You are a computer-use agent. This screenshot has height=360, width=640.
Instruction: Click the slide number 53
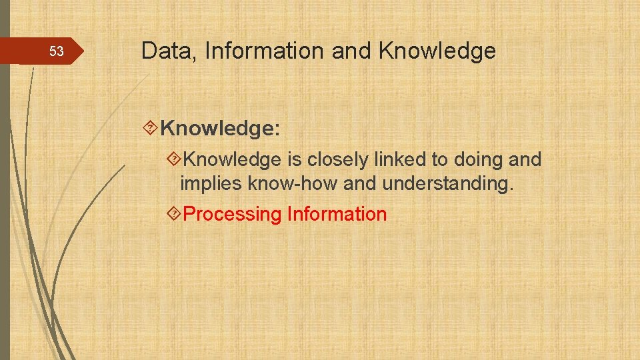click(57, 52)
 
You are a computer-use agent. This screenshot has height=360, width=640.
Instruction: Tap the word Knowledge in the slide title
click(437, 51)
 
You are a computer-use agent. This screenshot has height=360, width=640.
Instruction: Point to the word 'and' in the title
click(352, 51)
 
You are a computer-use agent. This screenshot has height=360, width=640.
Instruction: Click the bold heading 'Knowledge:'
click(220, 128)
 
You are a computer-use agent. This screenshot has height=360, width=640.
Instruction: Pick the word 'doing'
click(478, 160)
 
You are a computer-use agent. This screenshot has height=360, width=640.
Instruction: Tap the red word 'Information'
click(337, 215)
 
